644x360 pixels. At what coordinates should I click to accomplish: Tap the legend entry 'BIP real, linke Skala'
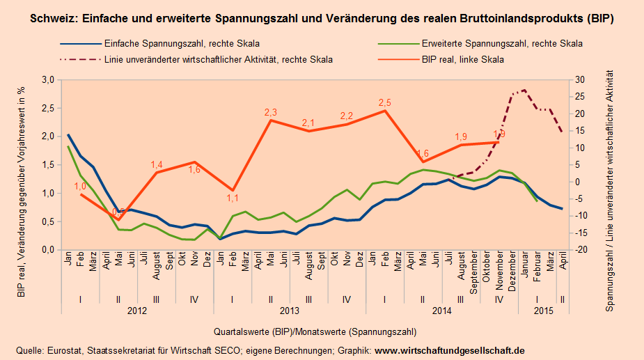pos(462,60)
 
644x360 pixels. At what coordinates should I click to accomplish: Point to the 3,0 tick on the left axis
pos(48,80)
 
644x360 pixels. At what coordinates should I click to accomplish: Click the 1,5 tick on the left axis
pos(48,165)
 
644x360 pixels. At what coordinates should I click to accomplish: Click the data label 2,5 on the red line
pos(385,103)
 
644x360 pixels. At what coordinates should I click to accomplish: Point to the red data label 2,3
pos(271,112)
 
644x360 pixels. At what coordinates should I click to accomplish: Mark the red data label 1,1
pos(233,198)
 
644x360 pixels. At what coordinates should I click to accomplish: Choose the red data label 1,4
pos(157,165)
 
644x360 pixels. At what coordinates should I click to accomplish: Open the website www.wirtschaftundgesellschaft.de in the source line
pos(450,350)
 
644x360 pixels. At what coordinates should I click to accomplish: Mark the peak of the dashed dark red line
pos(524,90)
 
